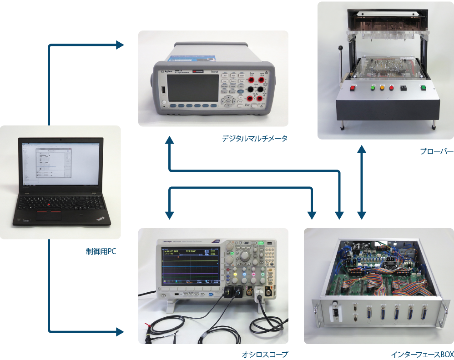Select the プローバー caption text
click(437, 151)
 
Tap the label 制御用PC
click(101, 251)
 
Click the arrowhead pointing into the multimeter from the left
click(121, 45)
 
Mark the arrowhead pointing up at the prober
click(362, 150)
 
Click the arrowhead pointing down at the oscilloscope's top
click(169, 214)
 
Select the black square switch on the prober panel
click(403, 89)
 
